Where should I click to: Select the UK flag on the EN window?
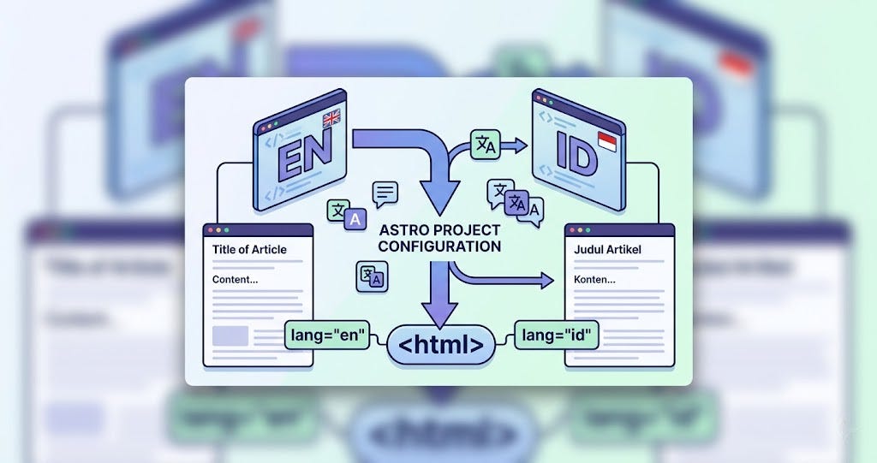[331, 120]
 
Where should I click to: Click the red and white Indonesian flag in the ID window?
[607, 142]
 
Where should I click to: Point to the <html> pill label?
[441, 346]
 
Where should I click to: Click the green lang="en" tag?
[325, 333]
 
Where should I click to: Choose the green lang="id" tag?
[558, 333]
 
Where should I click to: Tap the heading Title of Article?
[249, 250]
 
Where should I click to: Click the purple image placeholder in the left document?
[230, 335]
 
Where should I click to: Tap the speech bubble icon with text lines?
[386, 193]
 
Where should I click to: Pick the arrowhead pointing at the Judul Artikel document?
[546, 280]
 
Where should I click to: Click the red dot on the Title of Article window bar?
[211, 230]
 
